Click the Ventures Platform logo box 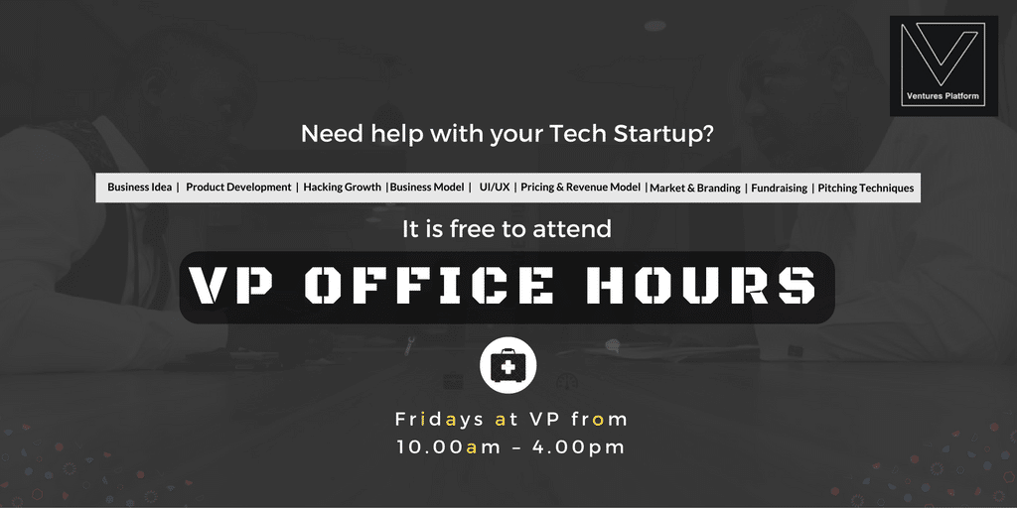click(944, 66)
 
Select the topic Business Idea click(139, 188)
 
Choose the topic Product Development click(238, 188)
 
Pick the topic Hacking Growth click(343, 188)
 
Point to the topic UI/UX click(495, 188)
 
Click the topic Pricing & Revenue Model click(580, 188)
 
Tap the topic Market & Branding click(695, 188)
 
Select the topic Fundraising click(779, 188)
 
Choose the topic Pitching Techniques click(866, 188)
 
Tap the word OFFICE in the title click(429, 286)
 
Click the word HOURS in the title click(700, 286)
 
